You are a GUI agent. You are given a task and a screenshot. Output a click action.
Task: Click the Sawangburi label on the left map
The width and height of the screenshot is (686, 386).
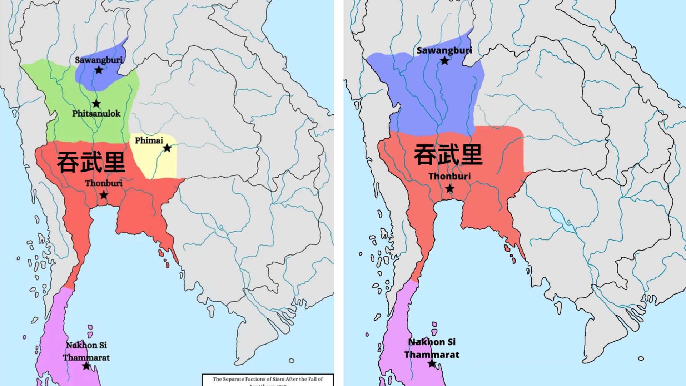[99, 60]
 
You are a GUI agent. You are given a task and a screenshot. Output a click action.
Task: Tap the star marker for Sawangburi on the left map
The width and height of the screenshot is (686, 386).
[99, 70]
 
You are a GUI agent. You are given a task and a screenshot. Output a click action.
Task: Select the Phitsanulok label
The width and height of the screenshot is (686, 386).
[96, 114]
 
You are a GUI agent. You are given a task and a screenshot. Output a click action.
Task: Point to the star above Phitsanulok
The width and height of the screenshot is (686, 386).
[96, 104]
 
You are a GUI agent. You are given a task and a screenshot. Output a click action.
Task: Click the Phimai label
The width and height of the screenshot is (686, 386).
[149, 140]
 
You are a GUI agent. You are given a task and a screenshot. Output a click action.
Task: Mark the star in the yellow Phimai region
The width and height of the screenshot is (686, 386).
[167, 148]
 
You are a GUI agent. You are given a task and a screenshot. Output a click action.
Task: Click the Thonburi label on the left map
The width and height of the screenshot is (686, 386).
[104, 183]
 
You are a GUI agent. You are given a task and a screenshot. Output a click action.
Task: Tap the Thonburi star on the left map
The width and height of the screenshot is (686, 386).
[104, 195]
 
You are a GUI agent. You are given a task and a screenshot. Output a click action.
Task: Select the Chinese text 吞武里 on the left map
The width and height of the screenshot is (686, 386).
[91, 162]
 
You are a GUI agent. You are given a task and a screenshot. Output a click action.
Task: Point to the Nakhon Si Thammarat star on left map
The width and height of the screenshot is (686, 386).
[86, 366]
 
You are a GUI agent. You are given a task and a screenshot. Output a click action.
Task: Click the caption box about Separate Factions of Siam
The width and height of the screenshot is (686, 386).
[268, 380]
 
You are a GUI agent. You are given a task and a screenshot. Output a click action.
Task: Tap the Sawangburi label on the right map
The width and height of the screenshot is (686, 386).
[444, 50]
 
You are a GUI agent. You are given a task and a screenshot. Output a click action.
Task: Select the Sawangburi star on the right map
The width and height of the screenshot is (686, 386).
[444, 61]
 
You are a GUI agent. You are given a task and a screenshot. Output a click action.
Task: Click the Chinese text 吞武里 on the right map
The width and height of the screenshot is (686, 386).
[448, 155]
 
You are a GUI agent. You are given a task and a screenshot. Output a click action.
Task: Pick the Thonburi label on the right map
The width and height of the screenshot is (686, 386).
[449, 176]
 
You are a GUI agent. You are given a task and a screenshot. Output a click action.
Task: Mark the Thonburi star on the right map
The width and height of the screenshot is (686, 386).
[449, 188]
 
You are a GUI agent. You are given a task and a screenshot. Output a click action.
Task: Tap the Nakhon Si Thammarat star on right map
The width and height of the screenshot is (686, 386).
[432, 364]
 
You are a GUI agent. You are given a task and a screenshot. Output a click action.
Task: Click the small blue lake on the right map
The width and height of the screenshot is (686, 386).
[558, 217]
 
